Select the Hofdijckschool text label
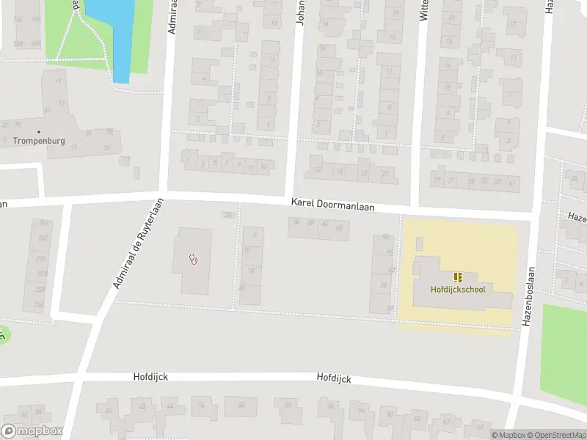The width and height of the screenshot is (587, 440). [459, 289]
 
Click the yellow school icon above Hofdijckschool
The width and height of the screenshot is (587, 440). [459, 276]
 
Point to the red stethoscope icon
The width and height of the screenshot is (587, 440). [194, 258]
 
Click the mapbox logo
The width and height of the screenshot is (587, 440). [32, 430]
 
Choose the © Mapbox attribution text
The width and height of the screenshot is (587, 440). [508, 435]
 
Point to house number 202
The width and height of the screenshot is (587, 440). [42, 238]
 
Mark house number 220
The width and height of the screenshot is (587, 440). [40, 273]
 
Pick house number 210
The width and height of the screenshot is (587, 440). [41, 258]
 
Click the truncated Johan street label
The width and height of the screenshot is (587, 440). [300, 13]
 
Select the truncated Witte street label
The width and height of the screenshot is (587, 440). [423, 10]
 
